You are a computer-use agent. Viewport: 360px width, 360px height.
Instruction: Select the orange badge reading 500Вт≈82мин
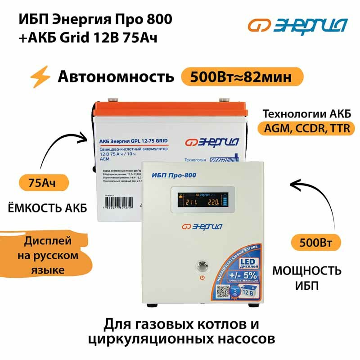point(241,76)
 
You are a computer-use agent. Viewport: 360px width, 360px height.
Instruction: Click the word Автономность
point(116,77)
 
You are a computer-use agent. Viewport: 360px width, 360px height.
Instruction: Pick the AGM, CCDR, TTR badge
point(306,128)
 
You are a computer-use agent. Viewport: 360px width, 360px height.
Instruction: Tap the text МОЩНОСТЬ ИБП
point(307,278)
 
